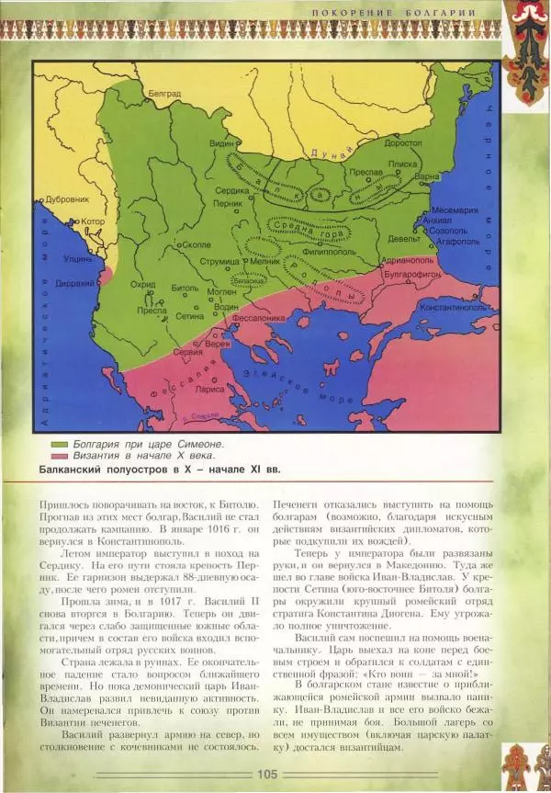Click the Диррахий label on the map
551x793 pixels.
[x=75, y=284]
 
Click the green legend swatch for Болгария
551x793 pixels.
[x=60, y=444]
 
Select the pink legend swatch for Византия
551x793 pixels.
[x=60, y=456]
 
